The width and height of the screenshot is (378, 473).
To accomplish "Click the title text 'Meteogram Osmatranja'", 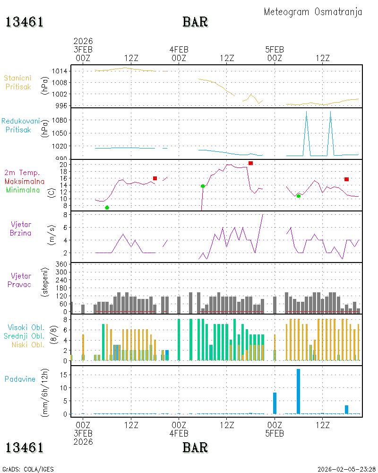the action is (313, 12).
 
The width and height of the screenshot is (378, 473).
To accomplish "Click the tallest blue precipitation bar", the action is (299, 391).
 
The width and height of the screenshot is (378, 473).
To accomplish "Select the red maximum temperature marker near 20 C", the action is (250, 163).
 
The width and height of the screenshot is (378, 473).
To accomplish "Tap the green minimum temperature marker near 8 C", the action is (107, 208).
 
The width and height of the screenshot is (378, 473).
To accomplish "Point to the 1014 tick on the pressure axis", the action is (60, 71).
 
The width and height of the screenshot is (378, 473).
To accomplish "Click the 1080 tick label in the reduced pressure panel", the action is (60, 120).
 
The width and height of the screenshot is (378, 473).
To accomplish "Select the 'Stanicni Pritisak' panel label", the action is (18, 82).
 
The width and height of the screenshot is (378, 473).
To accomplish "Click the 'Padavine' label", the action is (20, 379).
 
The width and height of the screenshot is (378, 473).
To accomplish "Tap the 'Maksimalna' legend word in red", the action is (25, 181).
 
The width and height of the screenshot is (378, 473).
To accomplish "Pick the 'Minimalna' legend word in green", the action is (23, 190).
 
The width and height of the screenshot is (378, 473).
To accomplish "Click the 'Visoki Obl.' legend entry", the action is (26, 328).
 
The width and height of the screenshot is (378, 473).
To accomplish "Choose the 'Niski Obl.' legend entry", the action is (28, 345).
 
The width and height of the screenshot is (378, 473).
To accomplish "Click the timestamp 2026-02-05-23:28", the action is (346, 469).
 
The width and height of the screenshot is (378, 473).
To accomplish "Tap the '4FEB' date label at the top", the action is (179, 50).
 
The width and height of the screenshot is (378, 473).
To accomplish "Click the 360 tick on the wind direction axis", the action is (61, 264).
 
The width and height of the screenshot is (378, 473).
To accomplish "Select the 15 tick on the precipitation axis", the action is (63, 375).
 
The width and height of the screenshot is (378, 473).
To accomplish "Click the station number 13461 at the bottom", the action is (25, 447).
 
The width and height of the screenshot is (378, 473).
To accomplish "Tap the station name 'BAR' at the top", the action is (195, 22).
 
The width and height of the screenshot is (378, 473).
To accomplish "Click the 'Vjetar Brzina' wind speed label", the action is (20, 228).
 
